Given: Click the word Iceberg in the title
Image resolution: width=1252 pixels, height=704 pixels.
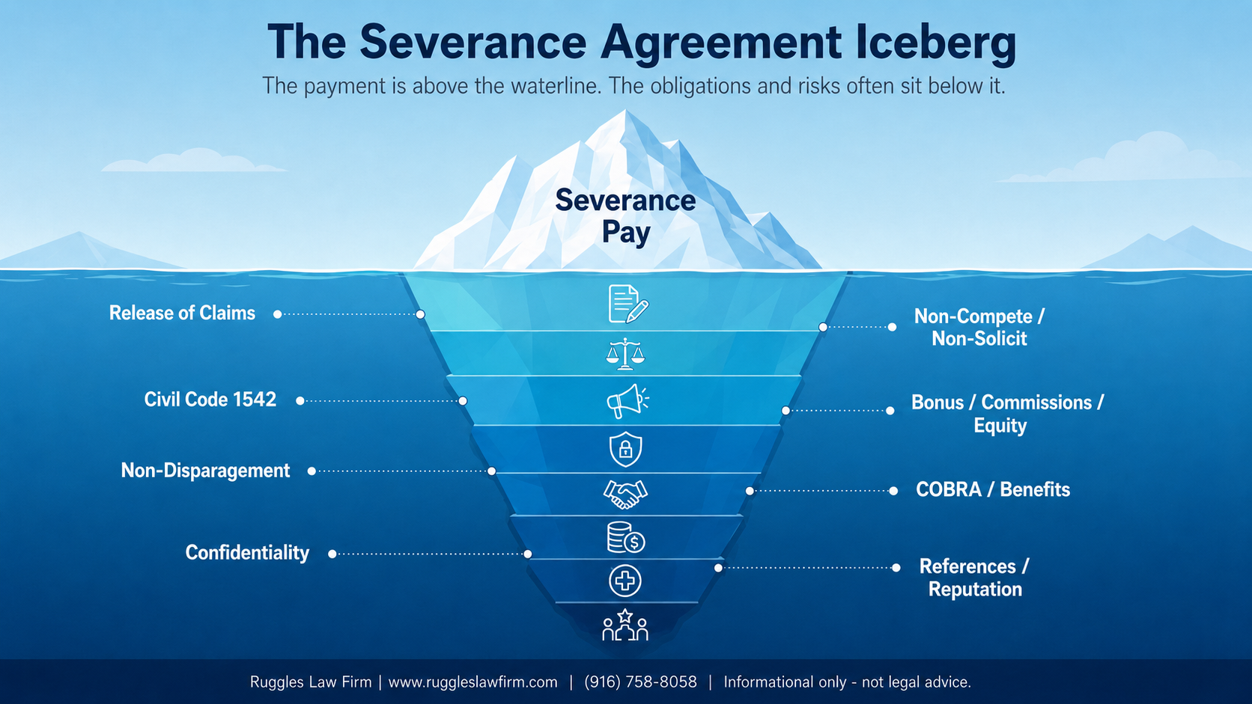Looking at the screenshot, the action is pos(936,43).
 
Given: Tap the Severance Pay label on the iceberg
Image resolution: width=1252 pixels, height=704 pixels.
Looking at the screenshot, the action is pos(625,217).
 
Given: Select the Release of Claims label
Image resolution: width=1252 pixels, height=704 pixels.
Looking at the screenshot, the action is pos(182,313).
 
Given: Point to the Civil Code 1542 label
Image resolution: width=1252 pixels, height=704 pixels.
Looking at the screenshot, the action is pos(210,400).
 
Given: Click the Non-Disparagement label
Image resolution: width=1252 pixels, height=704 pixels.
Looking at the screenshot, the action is pos(205,471).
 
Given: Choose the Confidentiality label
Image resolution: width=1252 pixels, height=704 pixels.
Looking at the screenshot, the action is pos(247,553).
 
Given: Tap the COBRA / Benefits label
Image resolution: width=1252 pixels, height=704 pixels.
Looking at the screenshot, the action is pos(993,489).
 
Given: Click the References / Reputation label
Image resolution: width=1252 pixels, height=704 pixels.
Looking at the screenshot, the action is pos(974,578).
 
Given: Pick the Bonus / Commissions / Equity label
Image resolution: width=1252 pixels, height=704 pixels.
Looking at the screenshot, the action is pos(1007,414).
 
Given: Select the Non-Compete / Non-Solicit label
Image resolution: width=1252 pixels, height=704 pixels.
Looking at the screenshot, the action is pos(979,327).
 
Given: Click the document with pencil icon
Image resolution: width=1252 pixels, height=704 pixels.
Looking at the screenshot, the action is pos(627,304).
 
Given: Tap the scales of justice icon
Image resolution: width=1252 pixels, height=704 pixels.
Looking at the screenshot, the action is pos(625,354).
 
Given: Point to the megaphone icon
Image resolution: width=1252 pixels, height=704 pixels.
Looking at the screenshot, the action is pos(627,401).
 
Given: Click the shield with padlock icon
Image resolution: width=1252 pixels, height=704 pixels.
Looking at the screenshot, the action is pos(625,449).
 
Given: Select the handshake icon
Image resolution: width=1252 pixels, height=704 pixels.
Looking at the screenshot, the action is pos(625,494).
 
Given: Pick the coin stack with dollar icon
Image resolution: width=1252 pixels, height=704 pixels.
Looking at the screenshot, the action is pos(625,537).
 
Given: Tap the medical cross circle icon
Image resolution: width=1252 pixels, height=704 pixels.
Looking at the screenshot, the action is pos(625,581).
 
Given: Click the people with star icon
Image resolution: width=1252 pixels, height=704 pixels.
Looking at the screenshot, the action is pos(625,625).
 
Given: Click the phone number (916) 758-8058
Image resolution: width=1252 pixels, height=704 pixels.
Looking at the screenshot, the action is pos(640,682).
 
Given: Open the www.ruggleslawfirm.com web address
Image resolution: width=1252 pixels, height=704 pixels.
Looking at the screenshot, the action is pos(472,682).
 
